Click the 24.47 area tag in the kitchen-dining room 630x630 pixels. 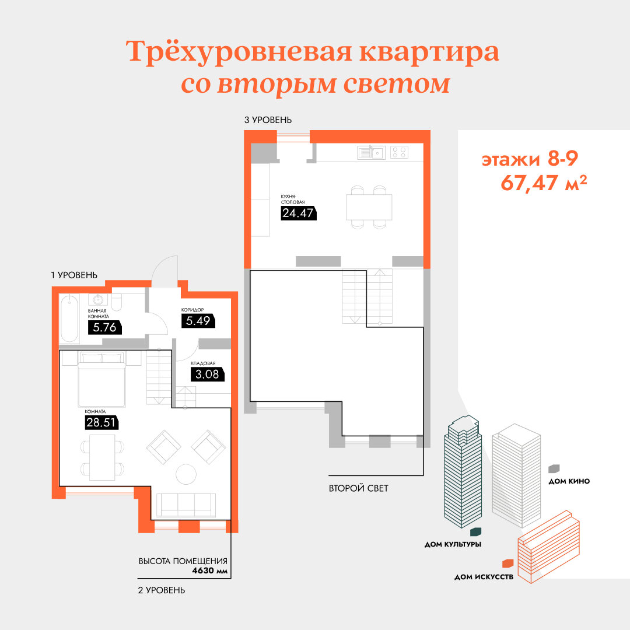point(299,213)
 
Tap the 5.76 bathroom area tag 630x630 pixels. point(104,327)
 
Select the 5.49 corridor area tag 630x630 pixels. point(198,321)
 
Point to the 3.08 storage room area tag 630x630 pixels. point(207,374)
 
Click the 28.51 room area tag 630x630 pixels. point(101,423)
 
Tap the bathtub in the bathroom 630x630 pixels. point(69,319)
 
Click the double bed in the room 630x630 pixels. point(101,379)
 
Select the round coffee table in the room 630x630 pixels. point(186,474)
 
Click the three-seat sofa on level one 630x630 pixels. point(186,505)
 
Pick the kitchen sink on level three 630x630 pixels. point(371,153)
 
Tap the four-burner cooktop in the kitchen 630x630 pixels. point(400,152)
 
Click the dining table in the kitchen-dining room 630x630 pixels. point(369,207)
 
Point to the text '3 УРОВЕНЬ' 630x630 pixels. point(268,120)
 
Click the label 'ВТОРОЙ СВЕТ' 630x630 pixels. point(358,488)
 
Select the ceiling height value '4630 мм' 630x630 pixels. point(210,570)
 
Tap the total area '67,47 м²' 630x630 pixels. point(544,183)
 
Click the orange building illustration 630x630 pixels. point(549,547)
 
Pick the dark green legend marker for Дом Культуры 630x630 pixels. point(476,532)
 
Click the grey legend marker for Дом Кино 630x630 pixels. point(554,468)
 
